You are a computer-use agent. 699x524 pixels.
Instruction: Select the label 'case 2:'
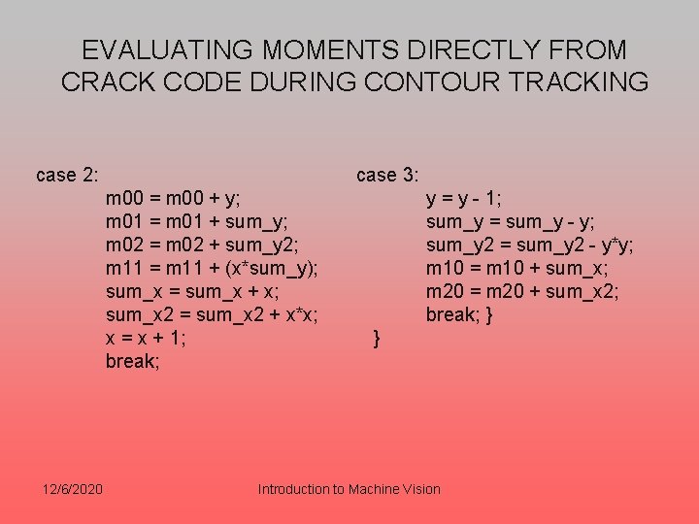[x=67, y=175]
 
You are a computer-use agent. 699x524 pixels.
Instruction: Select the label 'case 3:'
[x=387, y=175]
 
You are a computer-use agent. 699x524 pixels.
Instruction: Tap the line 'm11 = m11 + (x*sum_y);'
[x=213, y=268]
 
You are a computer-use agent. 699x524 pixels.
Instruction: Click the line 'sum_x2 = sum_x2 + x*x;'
[x=213, y=314]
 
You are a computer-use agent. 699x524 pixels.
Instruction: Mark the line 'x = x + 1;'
[x=147, y=338]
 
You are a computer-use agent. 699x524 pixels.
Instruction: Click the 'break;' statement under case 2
[x=133, y=361]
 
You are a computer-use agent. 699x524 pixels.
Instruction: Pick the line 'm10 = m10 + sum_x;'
[x=517, y=268]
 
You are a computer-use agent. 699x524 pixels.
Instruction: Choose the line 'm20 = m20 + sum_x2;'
[x=522, y=291]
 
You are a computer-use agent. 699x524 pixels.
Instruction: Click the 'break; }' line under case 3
[x=460, y=314]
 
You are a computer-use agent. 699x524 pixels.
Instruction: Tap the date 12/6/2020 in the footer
[x=76, y=488]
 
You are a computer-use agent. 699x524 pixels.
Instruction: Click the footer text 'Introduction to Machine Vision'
[x=349, y=489]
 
